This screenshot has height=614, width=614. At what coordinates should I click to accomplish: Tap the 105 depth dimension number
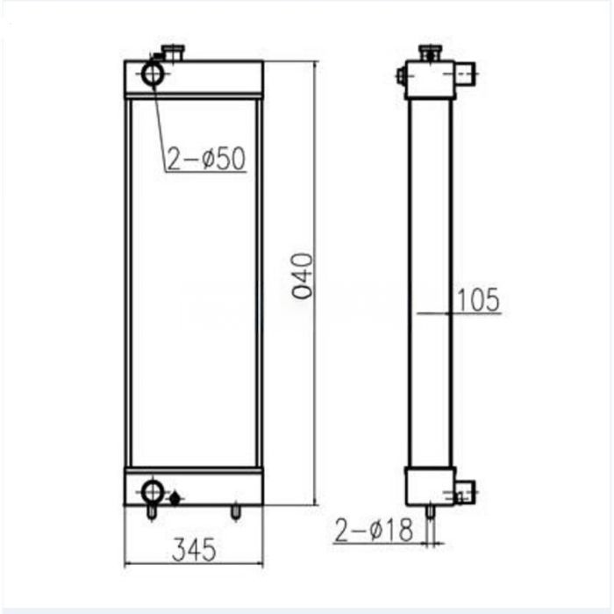point(478,300)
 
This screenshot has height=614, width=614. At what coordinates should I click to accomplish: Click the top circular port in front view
point(153,74)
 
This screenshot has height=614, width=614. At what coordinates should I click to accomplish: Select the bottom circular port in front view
point(153,489)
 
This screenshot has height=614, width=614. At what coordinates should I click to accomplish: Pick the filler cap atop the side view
point(430,54)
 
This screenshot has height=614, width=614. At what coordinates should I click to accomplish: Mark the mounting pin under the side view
point(429,510)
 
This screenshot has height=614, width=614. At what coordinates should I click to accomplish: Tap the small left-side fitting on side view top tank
point(402,76)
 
